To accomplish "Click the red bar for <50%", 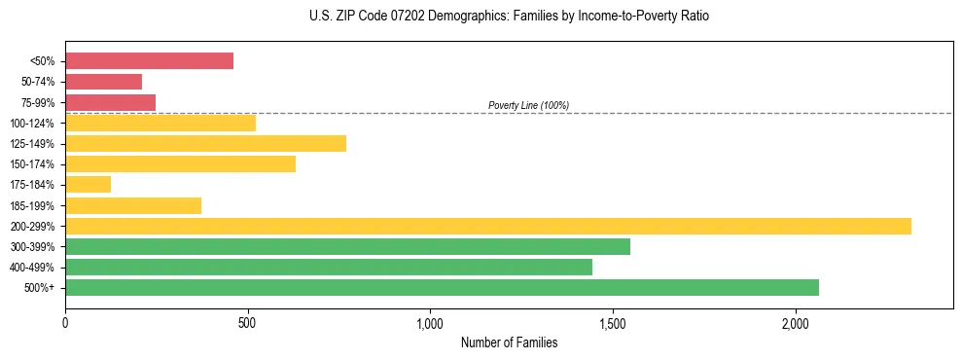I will click(149, 61).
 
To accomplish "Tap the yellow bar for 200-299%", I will click(487, 226).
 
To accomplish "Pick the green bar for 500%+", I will click(442, 287).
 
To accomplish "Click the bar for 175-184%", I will click(88, 184).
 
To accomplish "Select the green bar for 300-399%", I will click(347, 246).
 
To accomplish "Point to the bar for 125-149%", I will click(205, 143).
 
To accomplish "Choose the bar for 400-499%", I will click(329, 267).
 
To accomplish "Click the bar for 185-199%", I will click(133, 205).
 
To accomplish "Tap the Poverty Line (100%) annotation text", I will click(528, 105).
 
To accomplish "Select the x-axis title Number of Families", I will click(509, 342).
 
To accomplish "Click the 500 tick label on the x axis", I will click(248, 323).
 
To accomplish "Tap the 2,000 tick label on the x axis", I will click(796, 323).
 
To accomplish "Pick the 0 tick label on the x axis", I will click(65, 323).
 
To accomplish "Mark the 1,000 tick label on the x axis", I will click(430, 323).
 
